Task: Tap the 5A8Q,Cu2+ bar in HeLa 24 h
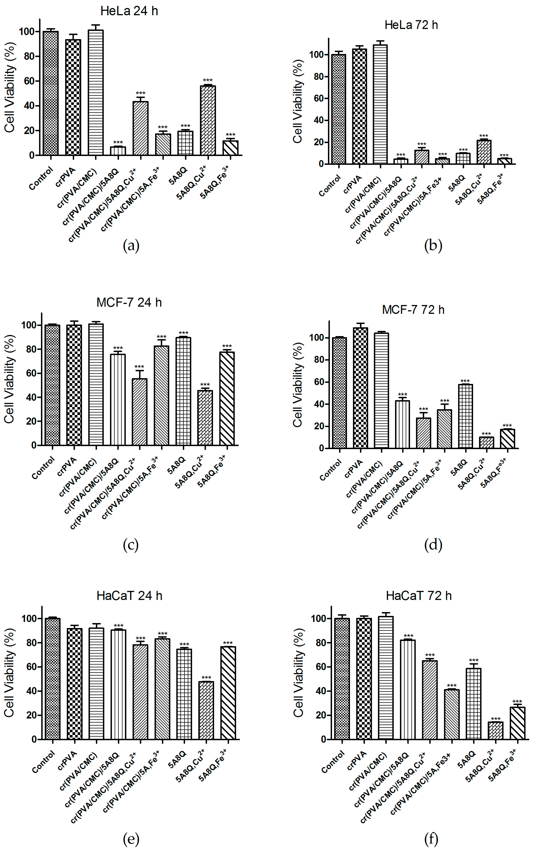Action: click(208, 120)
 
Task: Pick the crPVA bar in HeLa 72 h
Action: click(359, 106)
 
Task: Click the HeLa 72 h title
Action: click(411, 25)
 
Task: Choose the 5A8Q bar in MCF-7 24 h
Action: click(183, 391)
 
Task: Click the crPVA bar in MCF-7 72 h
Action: click(360, 388)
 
